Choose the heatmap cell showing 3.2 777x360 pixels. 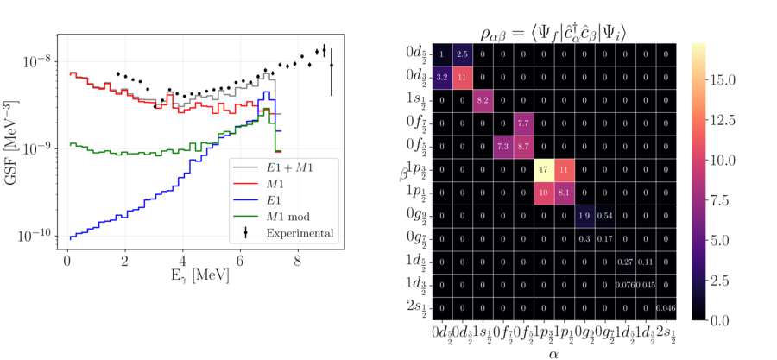442,78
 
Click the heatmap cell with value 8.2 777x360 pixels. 483,101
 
